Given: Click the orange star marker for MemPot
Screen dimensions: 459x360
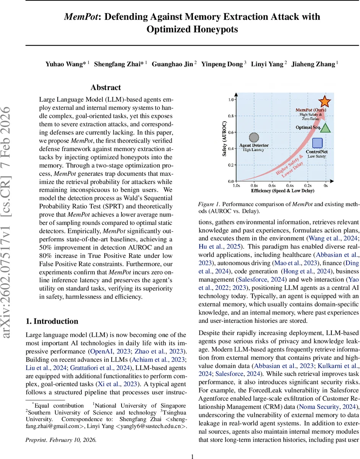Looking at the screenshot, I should tap(324, 101).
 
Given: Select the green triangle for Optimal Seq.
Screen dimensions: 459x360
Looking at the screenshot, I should tap(325, 128).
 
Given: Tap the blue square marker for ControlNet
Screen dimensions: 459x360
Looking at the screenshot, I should tap(318, 143).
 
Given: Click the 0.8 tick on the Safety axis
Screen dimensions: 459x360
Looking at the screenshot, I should tap(230, 116).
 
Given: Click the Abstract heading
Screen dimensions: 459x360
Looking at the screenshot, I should tap(105, 88).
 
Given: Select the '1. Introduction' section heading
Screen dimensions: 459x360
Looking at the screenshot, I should tap(52, 321).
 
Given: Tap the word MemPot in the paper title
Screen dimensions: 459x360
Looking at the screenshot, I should tap(80, 17).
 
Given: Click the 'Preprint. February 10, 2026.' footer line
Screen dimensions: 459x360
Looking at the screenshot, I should tap(61, 439).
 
